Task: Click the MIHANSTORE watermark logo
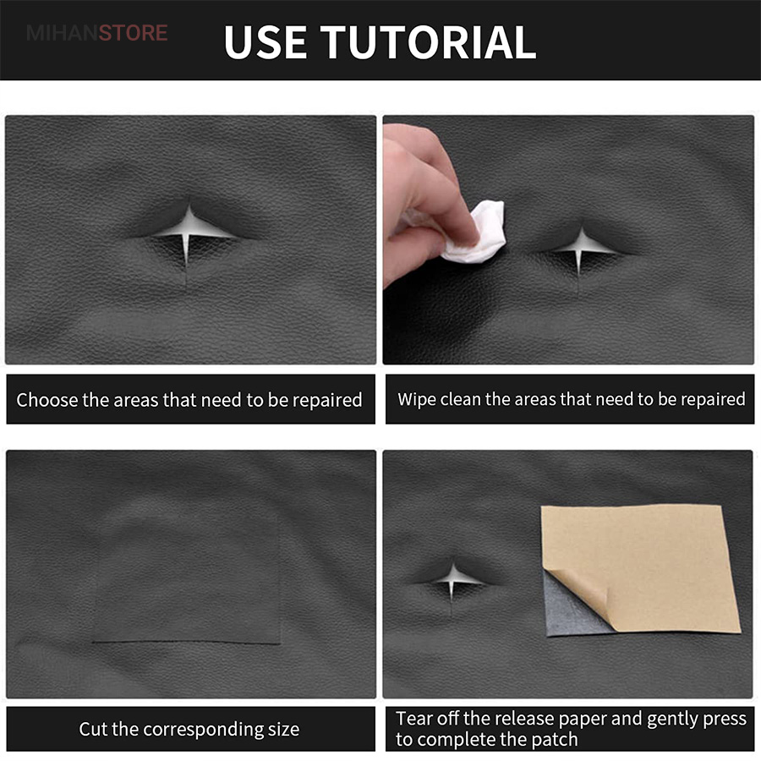97,33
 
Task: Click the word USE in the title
265,42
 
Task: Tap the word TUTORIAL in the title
428,42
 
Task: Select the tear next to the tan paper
452,583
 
